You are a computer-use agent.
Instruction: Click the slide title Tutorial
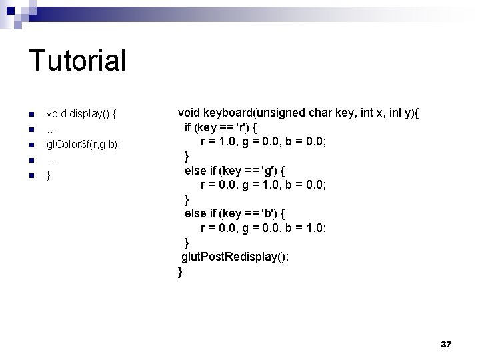[x=77, y=61]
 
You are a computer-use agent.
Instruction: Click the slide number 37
[x=446, y=344]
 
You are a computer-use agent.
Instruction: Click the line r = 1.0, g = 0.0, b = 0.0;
[x=263, y=141]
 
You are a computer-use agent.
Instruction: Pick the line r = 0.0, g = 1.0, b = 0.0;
[x=263, y=185]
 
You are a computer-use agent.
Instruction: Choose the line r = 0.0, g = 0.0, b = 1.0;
[x=263, y=228]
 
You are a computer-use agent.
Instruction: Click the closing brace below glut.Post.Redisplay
[x=180, y=271]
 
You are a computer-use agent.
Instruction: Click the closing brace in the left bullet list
[x=48, y=175]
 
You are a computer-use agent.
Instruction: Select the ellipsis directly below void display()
[x=51, y=129]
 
